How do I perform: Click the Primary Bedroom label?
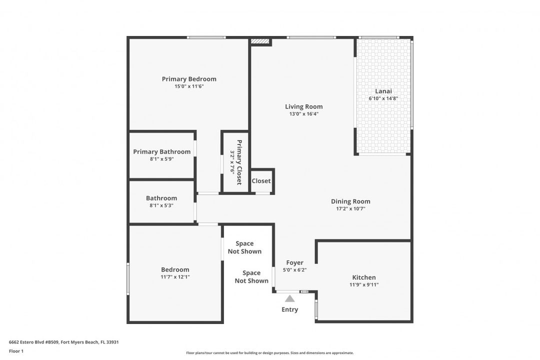pyautogui.click(x=189, y=79)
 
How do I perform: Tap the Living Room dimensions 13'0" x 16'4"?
pyautogui.click(x=304, y=114)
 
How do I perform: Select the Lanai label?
pyautogui.click(x=383, y=91)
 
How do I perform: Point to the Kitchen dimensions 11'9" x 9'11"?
pyautogui.click(x=364, y=284)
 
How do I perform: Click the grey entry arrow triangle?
pyautogui.click(x=290, y=298)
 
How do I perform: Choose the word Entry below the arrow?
pyautogui.click(x=290, y=309)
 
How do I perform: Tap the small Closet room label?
pyautogui.click(x=261, y=181)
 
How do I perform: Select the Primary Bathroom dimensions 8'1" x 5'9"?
pyautogui.click(x=162, y=159)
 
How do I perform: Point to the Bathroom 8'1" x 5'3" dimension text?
pyautogui.click(x=161, y=205)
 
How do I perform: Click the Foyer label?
pyautogui.click(x=295, y=262)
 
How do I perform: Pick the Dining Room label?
pyautogui.click(x=350, y=201)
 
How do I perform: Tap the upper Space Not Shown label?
pyautogui.click(x=244, y=247)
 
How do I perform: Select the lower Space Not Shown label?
pyautogui.click(x=251, y=276)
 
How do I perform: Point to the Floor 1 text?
pyautogui.click(x=16, y=351)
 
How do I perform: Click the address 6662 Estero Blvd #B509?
pyautogui.click(x=34, y=342)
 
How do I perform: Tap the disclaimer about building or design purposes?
pyautogui.click(x=270, y=353)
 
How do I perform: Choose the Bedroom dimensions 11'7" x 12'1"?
pyautogui.click(x=175, y=277)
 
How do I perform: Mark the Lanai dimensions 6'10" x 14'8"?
pyautogui.click(x=383, y=98)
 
